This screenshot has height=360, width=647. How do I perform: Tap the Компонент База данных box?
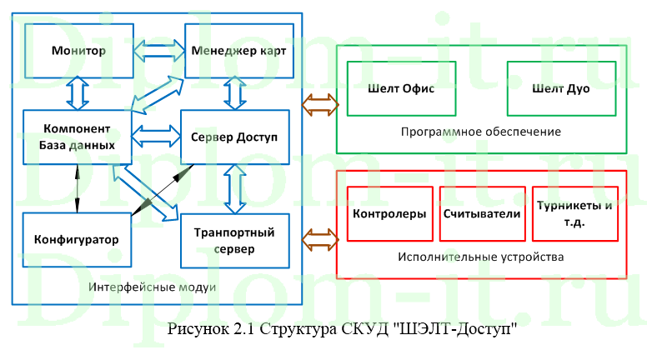point(77,137)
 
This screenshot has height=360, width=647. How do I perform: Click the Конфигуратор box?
point(77,239)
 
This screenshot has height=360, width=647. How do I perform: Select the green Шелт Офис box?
point(401,88)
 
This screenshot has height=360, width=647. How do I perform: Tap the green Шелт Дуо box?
point(560,88)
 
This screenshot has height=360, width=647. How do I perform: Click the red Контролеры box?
point(389,213)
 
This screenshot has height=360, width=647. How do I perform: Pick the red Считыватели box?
point(482,213)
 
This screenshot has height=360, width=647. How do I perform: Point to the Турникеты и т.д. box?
point(574,213)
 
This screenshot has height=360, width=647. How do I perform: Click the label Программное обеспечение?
point(480,132)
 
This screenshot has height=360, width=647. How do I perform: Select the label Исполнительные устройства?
point(481,257)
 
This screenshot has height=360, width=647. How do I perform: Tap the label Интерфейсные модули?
point(151,287)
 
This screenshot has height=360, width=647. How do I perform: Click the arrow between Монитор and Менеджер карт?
point(158,51)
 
